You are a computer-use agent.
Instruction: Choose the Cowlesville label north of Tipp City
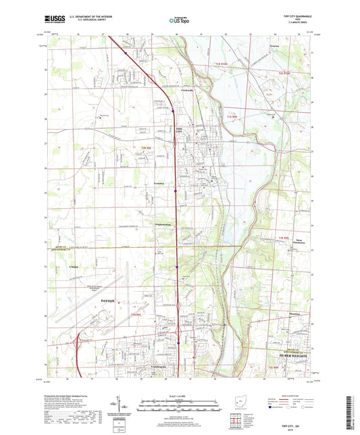coord(190,93)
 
